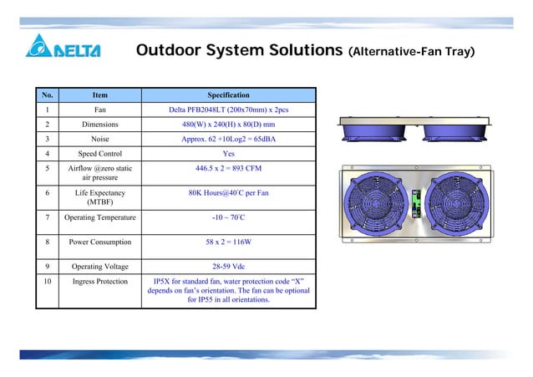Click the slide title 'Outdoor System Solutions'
coord(239,52)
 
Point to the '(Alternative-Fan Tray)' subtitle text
coord(411,53)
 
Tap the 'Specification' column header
coord(228,95)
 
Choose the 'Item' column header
coord(99,95)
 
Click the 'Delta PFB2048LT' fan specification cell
coord(228,110)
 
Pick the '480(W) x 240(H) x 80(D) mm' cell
coord(228,125)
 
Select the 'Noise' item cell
coord(99,139)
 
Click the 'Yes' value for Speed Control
coord(228,154)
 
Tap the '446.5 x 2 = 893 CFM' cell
coord(228,169)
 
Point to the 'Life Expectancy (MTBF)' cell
coord(99,196)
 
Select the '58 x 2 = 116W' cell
coord(228,243)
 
